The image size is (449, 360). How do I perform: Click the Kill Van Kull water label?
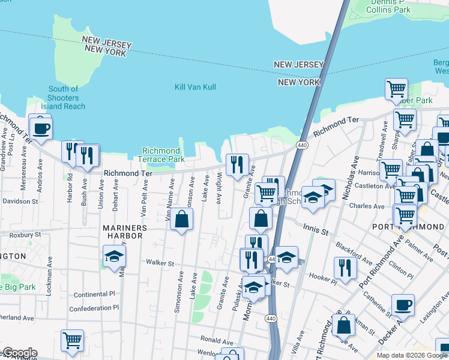pos(195,87)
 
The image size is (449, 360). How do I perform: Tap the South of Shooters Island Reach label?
pos(64,98)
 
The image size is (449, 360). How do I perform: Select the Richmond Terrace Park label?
pos(161,155)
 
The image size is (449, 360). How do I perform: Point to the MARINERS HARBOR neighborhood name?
pos(113,232)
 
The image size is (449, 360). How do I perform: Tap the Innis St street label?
pos(316,230)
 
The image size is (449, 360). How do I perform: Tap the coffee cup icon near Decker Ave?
pos(403,305)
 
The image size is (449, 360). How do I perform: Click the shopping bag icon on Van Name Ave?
pos(182,220)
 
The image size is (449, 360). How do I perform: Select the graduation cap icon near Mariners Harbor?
pos(114,257)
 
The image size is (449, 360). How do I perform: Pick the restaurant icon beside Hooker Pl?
pos(345,268)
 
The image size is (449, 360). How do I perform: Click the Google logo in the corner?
pos(19,353)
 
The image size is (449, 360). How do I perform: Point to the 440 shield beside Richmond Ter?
pos(302,145)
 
